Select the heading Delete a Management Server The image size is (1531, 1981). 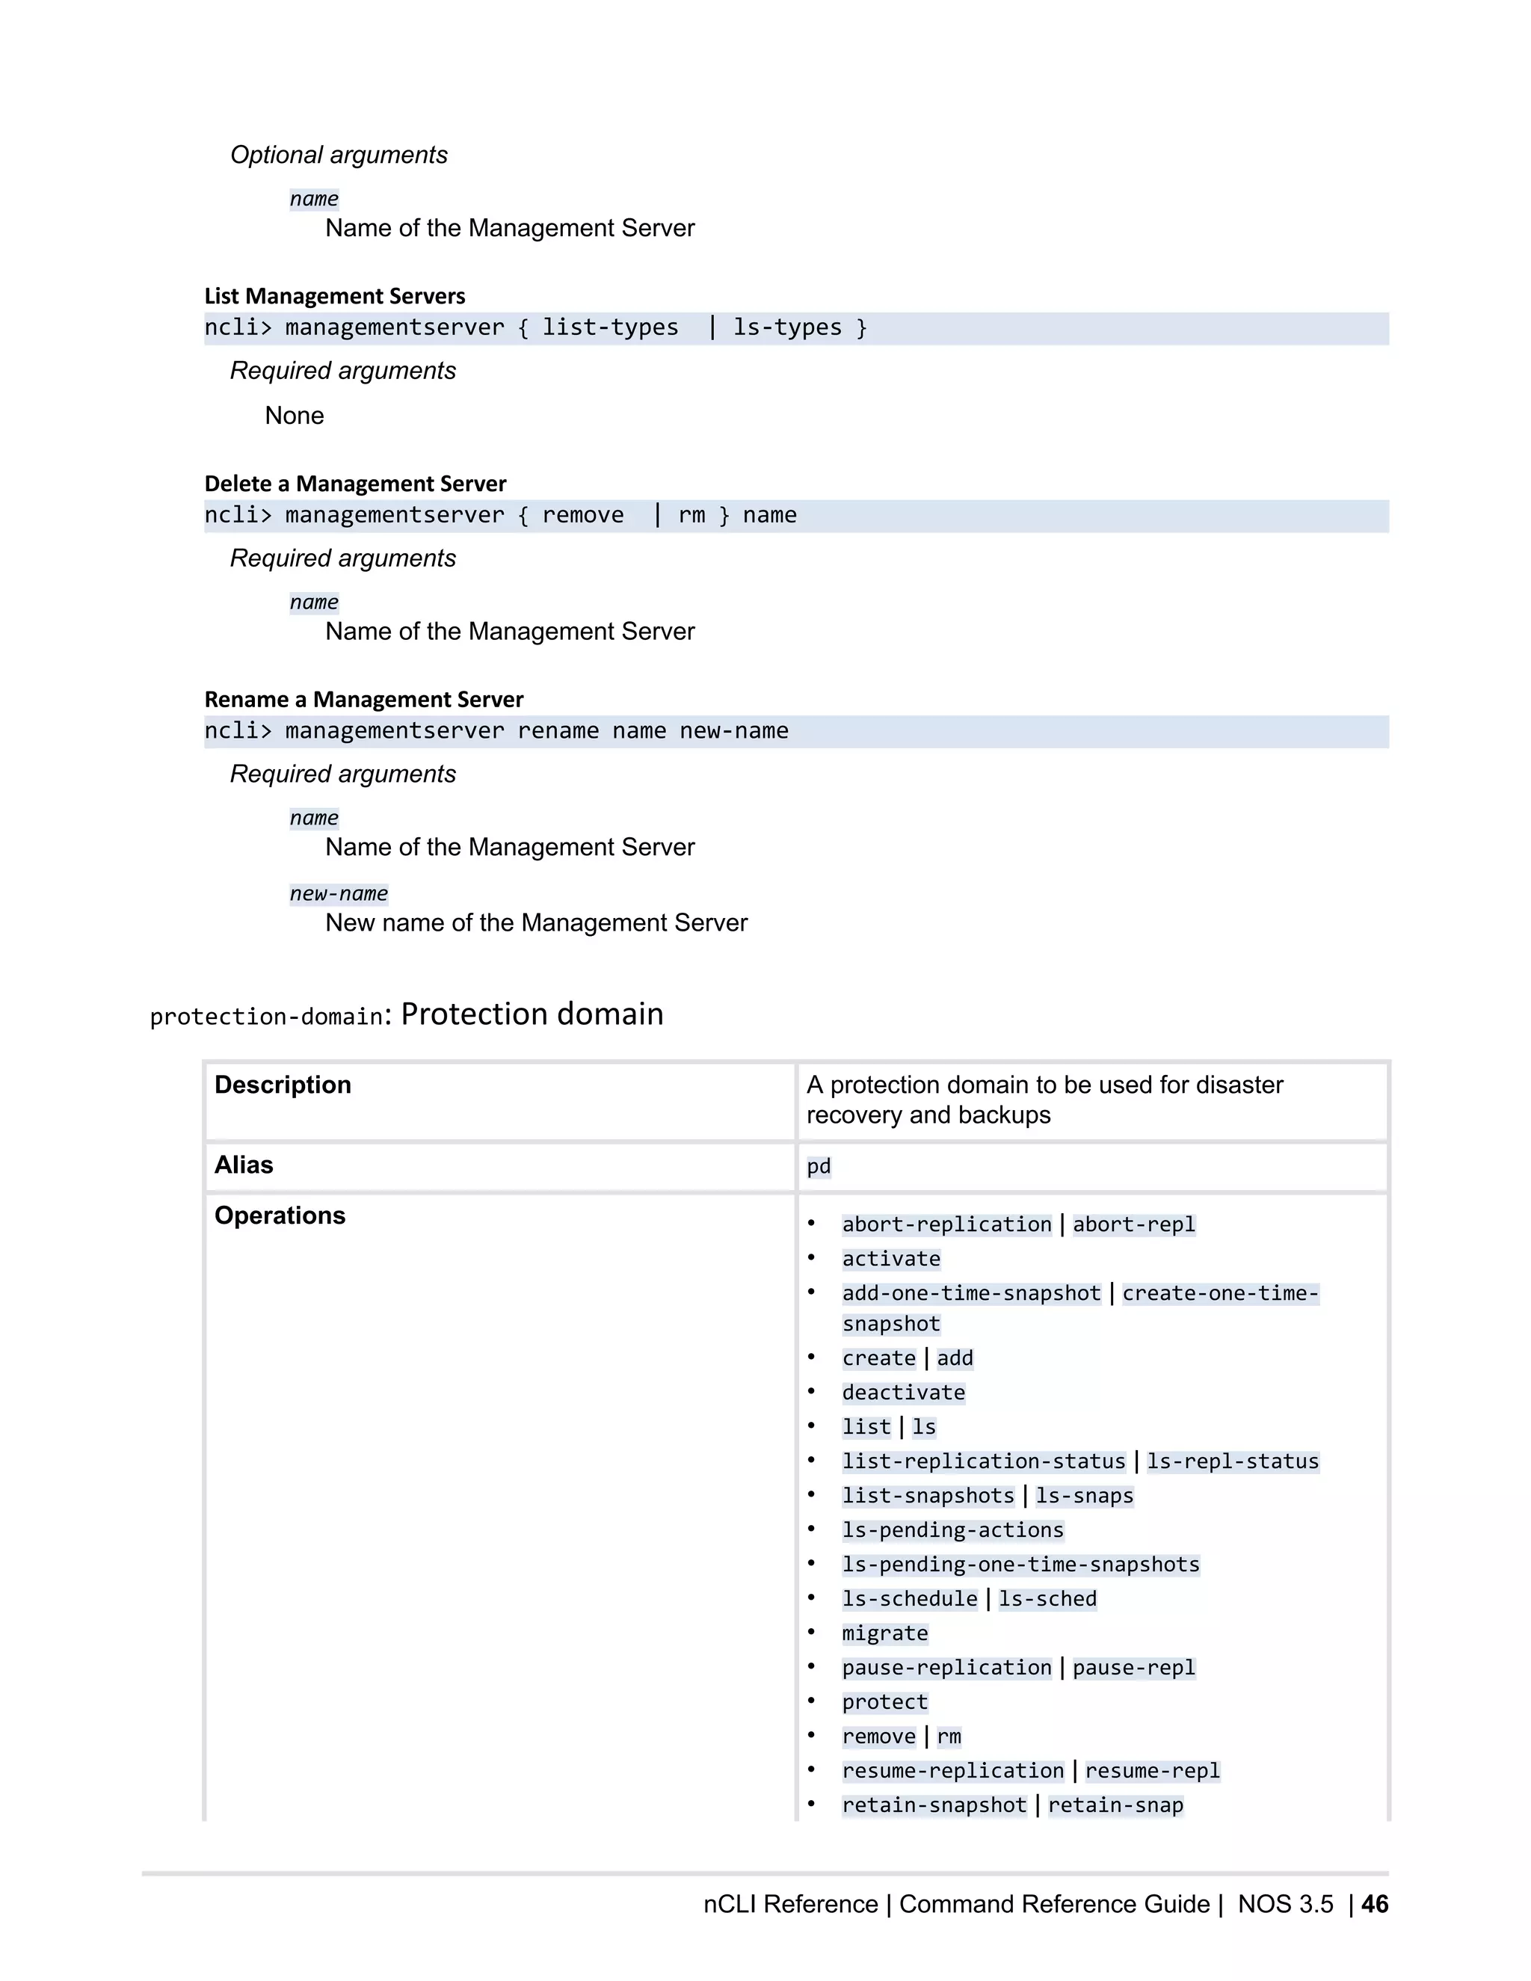[x=354, y=484]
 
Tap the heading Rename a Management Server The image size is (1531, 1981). [x=364, y=700]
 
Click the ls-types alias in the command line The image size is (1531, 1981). [x=786, y=327]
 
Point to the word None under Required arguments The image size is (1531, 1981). [x=294, y=416]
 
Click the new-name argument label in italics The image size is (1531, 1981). [x=339, y=893]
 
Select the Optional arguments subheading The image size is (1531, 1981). [x=339, y=155]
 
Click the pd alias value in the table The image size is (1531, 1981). [x=818, y=1166]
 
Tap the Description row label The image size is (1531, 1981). [x=282, y=1085]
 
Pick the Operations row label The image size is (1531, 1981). [x=280, y=1216]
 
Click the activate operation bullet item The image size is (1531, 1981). [x=890, y=1259]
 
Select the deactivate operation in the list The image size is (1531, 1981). [x=903, y=1393]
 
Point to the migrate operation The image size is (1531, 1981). [x=884, y=1633]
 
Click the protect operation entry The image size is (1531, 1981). [x=884, y=1702]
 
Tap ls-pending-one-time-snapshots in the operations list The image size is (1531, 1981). [x=1020, y=1565]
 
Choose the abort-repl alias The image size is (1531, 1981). [x=1134, y=1224]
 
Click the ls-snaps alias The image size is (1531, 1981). [x=1084, y=1496]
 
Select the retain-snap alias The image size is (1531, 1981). [x=1115, y=1805]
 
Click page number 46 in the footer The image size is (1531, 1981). [x=1374, y=1904]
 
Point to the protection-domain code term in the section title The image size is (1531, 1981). [x=267, y=1017]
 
